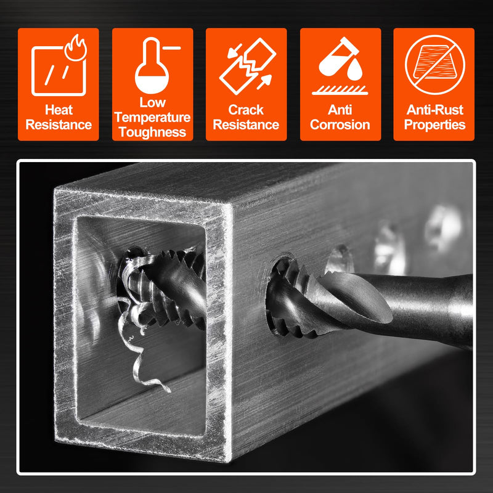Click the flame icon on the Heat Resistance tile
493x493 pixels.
[x=76, y=48]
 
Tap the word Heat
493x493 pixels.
[x=59, y=110]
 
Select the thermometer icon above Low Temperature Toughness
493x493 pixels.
[x=152, y=65]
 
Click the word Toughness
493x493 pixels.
[x=152, y=132]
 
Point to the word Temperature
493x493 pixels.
[x=152, y=117]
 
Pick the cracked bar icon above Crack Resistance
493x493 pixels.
[x=247, y=66]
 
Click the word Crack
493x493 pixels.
[x=246, y=110]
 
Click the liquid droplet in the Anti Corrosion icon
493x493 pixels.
[x=355, y=70]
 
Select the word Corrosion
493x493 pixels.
[x=340, y=125]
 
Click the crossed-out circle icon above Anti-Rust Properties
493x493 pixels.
[x=435, y=65]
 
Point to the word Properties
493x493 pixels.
[x=434, y=125]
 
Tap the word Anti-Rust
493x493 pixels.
[x=435, y=110]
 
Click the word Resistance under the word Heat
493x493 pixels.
[x=59, y=125]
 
